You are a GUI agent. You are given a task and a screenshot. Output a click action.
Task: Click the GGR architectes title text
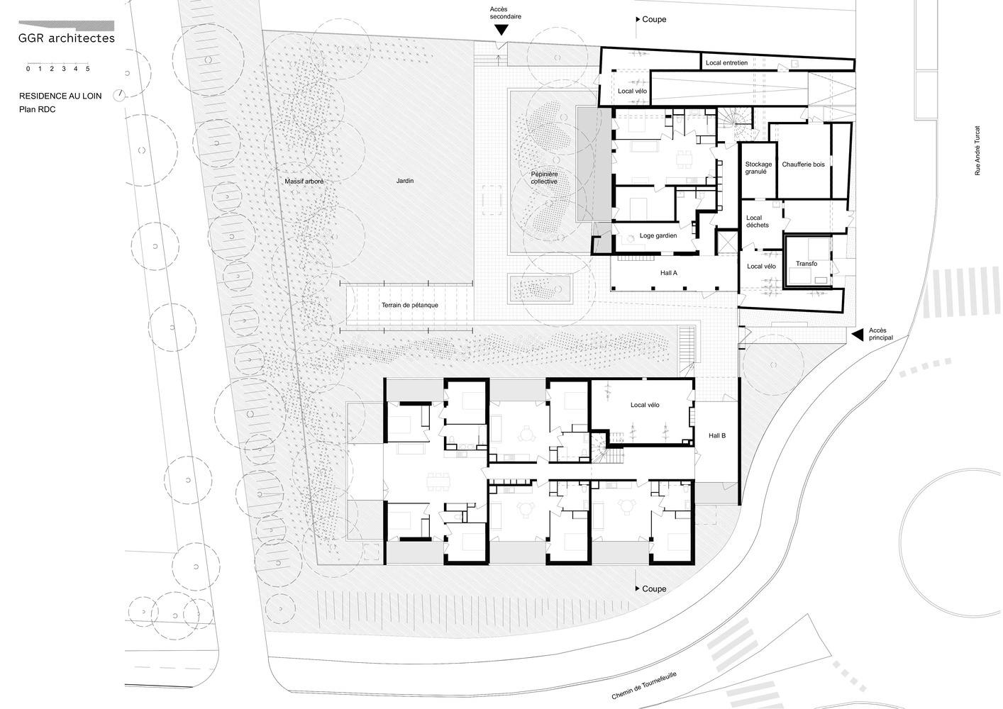[67, 38]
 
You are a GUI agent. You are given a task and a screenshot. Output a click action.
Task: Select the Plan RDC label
[37, 110]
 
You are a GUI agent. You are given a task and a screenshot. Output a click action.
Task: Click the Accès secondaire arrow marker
[501, 30]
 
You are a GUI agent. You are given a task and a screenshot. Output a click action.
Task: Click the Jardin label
[405, 182]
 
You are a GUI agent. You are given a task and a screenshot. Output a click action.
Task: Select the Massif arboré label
[304, 182]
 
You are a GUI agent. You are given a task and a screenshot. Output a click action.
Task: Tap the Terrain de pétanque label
[409, 305]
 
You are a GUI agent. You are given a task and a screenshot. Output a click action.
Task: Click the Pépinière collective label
[544, 177]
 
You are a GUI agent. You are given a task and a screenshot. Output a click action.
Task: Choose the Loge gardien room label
[658, 235]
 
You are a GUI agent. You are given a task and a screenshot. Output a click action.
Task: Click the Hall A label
[669, 272]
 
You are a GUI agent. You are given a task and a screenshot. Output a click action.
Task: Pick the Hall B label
[717, 435]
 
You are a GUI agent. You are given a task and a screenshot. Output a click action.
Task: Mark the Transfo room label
[807, 264]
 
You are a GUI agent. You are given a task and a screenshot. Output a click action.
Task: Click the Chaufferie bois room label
[804, 164]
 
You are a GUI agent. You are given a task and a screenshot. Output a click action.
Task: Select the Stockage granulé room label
[758, 168]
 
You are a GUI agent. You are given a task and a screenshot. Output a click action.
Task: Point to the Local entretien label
[726, 63]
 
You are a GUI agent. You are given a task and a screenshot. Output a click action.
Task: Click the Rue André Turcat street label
[977, 151]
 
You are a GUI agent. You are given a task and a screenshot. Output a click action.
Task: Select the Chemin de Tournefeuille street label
[644, 686]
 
